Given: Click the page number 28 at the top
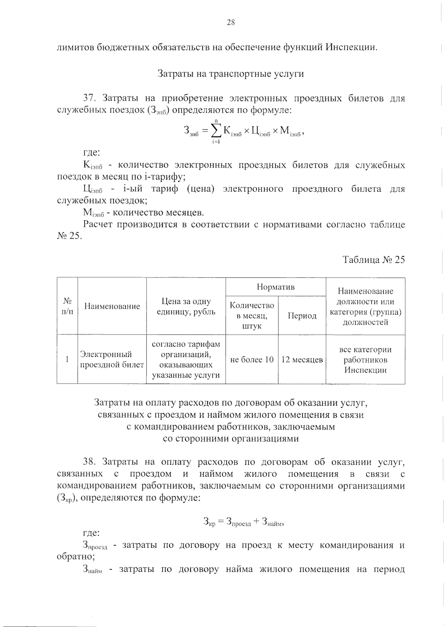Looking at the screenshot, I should (231, 23).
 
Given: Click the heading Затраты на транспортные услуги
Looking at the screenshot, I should (231, 74).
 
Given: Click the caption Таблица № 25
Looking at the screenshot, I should (374, 260).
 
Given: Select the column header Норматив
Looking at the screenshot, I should (275, 287).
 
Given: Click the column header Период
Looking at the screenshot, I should (302, 316).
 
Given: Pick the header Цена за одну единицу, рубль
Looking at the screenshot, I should (186, 306).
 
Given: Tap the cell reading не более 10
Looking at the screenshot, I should (252, 359).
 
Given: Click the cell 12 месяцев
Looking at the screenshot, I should (302, 359).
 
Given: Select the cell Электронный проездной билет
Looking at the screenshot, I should (112, 359).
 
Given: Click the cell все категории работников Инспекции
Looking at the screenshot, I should (365, 359).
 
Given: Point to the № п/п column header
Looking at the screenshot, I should (67, 306).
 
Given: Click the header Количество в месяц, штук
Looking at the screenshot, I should (252, 316).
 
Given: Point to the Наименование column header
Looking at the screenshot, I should (112, 306).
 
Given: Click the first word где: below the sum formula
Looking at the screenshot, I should (91, 153).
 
